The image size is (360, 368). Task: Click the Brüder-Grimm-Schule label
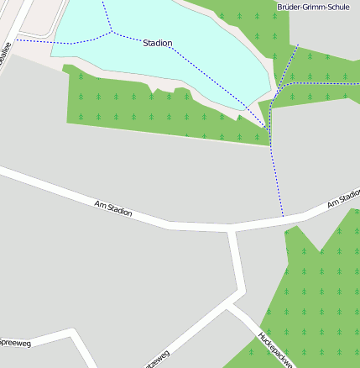tap(312, 7)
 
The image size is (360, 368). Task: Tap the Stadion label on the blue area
tap(158, 43)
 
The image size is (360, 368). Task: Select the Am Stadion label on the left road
tap(113, 207)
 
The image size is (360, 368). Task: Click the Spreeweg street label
tap(14, 344)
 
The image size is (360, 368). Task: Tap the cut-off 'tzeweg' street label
tap(157, 359)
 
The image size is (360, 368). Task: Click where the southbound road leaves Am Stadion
tap(232, 229)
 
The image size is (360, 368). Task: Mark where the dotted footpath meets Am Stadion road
tap(284, 218)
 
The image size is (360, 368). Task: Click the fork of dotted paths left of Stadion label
tap(111, 32)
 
